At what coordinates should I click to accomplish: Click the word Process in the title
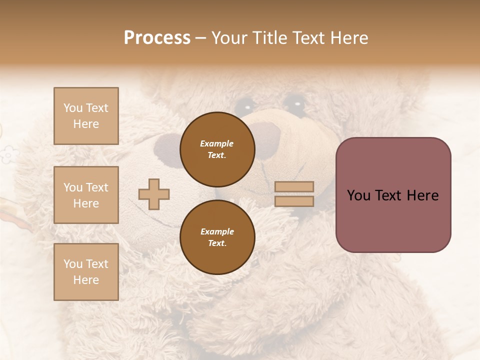coord(157,38)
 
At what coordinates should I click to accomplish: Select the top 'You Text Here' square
coord(86,116)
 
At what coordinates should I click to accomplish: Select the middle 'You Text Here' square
coord(86,195)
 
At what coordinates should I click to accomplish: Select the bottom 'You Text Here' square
coord(86,272)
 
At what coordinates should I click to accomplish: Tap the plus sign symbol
coord(154,194)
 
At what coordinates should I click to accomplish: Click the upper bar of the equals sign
coord(294,186)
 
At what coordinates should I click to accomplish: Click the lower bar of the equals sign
coord(294,201)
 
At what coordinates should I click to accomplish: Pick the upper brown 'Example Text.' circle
coord(217,149)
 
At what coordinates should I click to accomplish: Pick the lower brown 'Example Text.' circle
coord(217,237)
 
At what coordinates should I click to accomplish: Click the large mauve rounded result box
coord(393,195)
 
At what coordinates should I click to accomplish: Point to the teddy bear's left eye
coord(244,105)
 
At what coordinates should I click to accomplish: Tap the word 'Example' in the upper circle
coord(216,143)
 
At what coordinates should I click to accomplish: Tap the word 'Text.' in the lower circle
coord(217,243)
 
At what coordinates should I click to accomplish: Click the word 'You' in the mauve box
coord(358,195)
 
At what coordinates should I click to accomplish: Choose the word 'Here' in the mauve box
coord(422,195)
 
